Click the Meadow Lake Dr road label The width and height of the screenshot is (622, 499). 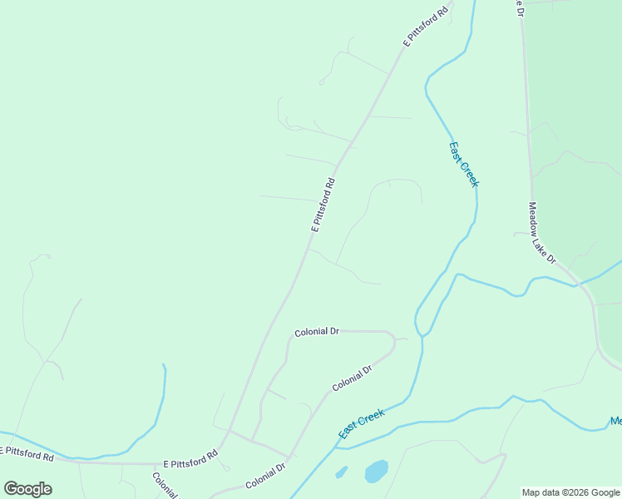click(x=542, y=234)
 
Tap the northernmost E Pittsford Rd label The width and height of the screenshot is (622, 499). click(x=426, y=25)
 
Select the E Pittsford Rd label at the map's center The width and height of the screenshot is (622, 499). click(x=323, y=205)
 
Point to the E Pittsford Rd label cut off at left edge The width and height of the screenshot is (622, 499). click(x=27, y=455)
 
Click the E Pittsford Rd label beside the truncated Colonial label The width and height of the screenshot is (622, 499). click(x=190, y=459)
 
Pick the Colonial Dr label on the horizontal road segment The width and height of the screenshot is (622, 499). click(x=317, y=332)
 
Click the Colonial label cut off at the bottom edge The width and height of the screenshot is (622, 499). click(x=164, y=485)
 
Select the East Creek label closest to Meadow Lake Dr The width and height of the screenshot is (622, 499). click(x=464, y=164)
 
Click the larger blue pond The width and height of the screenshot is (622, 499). click(x=376, y=472)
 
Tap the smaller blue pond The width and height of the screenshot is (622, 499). click(x=341, y=472)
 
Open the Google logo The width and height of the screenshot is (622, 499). click(x=28, y=489)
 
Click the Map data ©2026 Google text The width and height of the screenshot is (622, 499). click(x=571, y=492)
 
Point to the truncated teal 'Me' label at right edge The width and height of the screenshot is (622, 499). click(x=615, y=421)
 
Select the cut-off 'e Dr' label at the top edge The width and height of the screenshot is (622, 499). click(x=518, y=7)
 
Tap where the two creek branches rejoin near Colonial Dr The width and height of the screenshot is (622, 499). click(x=421, y=334)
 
